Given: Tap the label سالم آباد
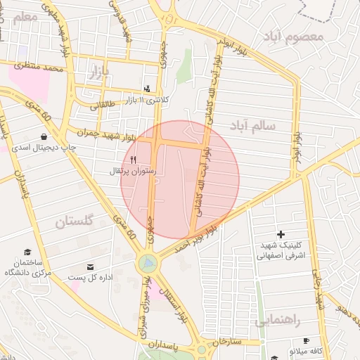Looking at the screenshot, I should (x=252, y=124).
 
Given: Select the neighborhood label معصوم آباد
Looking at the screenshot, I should (x=292, y=35).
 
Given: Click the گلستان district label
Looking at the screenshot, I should (x=75, y=221).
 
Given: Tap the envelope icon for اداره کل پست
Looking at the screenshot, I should (x=91, y=266).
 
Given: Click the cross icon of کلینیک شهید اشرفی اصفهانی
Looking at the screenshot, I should (x=281, y=233).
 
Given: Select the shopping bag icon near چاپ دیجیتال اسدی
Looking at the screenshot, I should (x=44, y=137).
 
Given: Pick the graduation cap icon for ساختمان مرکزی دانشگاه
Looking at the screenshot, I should (x=28, y=252).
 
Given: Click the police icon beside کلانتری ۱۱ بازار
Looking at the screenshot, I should (x=147, y=89).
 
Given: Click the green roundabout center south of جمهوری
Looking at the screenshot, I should (x=148, y=264).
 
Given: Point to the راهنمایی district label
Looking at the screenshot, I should (x=278, y=320).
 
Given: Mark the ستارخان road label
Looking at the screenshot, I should (x=226, y=342).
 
